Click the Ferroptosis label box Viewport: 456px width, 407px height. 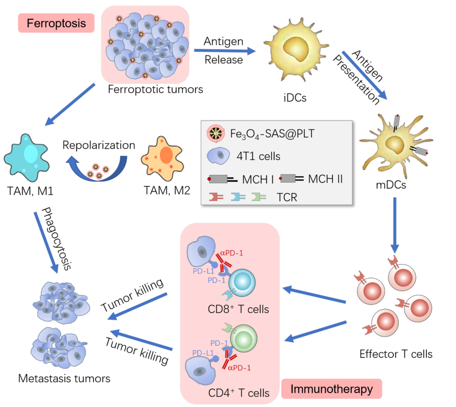coord(56,23)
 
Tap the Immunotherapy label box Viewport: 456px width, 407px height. coord(332,389)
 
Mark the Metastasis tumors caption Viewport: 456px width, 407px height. coord(64,378)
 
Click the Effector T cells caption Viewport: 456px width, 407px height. coord(395,353)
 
